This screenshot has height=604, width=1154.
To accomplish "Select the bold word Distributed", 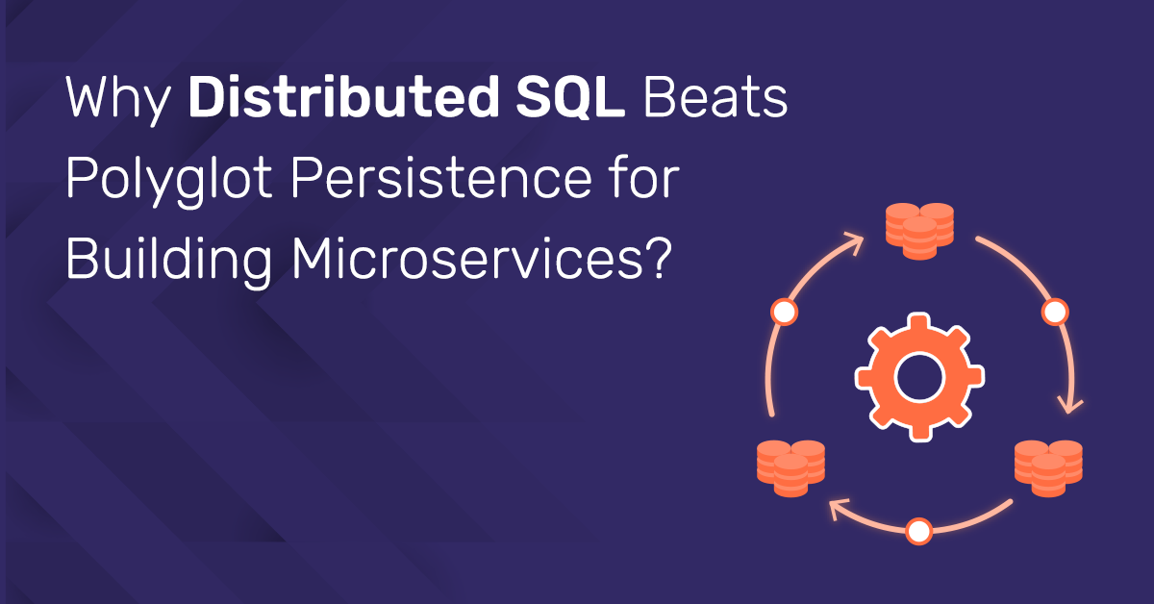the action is click(343, 97).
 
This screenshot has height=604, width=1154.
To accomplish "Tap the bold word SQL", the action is click(570, 98).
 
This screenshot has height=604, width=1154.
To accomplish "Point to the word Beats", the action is click(715, 97).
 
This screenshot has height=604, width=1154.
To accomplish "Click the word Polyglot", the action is click(168, 182).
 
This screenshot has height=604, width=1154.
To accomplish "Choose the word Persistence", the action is click(441, 178).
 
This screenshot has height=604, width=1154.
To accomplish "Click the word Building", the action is click(168, 262).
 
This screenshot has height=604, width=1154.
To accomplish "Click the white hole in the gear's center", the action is click(919, 377).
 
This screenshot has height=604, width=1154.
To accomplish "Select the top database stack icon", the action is click(919, 232).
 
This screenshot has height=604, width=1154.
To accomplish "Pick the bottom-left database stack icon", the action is click(790, 468).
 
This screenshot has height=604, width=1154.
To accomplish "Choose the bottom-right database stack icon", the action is click(1048, 468).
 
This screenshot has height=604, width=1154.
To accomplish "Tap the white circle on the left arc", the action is click(784, 312).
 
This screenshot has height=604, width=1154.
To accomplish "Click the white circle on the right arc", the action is click(1055, 312).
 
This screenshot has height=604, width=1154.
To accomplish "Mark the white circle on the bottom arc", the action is click(919, 531).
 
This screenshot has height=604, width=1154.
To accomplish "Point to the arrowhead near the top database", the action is click(854, 242).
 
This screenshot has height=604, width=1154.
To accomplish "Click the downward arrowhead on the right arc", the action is click(1070, 405).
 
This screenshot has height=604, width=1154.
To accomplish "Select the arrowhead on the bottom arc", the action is click(839, 509).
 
